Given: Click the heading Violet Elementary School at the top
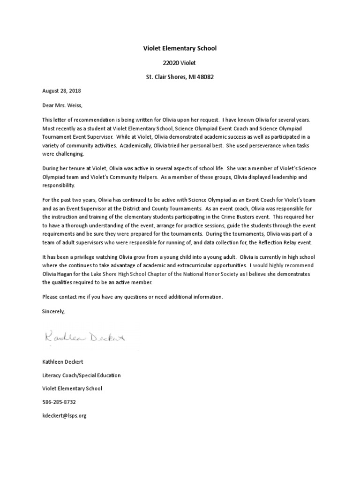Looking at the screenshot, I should point(180,48).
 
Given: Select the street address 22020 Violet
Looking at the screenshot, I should point(180,62).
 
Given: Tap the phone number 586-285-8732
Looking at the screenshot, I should point(59,402).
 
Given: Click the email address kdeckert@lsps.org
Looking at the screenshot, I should point(64,415).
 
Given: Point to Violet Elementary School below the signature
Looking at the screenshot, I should point(72,389).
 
